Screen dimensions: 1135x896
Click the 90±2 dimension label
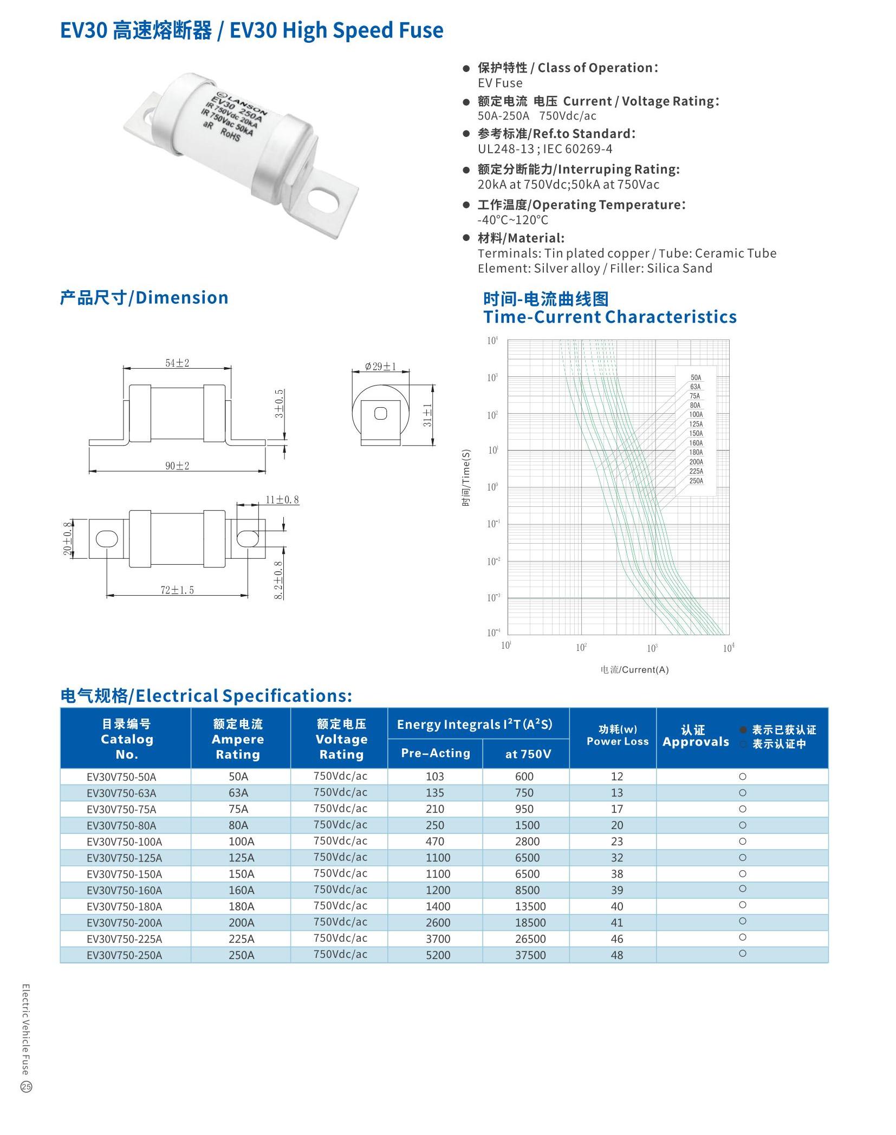pos(177,466)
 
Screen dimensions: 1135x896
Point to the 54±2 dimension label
pos(177,363)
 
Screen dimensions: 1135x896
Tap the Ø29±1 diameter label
pos(380,367)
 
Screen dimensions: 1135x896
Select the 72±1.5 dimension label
pos(177,590)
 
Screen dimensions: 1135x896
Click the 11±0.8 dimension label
pos(282,500)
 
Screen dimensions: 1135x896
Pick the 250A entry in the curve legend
pos(696,481)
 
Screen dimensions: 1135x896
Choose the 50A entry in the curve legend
pos(696,377)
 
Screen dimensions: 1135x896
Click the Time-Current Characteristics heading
pos(609,317)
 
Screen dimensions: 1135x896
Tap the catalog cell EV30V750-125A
pos(124,858)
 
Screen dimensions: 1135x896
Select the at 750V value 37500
pos(530,955)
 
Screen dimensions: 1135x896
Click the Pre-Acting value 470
pos(435,842)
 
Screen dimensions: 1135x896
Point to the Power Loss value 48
pos(616,955)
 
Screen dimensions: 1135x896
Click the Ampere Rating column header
pos(238,739)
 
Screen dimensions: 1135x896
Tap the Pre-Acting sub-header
pos(436,753)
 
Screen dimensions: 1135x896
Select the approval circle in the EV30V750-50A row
pos(743,777)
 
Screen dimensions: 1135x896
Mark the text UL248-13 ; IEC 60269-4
pos(545,149)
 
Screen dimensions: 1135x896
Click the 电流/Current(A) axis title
pos(634,670)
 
